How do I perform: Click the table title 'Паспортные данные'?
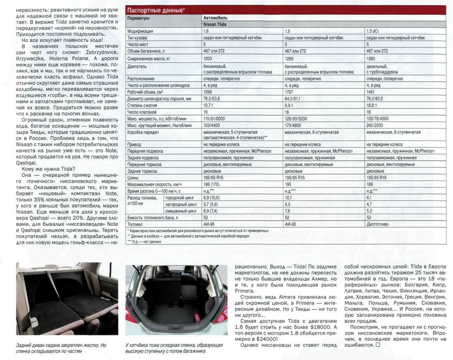coord(155,10)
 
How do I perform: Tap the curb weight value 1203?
coord(208,58)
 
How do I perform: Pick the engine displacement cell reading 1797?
coord(290,92)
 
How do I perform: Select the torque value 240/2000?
coord(374,125)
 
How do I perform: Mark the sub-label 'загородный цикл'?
coord(181,204)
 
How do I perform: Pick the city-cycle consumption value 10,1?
coord(288,198)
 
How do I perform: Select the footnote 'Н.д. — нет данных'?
coord(145,242)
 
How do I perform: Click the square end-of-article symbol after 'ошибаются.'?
coord(378,345)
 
